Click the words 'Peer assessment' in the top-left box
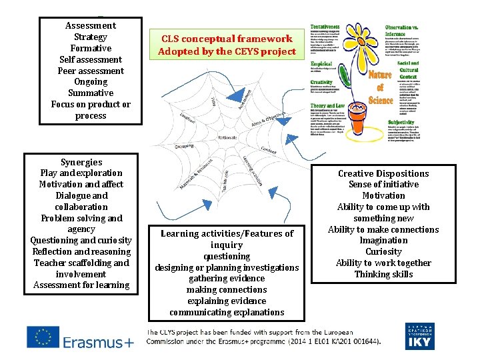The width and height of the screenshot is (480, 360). (x=91, y=71)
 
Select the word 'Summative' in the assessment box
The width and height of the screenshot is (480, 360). (x=91, y=93)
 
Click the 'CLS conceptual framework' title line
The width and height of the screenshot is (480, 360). (x=227, y=39)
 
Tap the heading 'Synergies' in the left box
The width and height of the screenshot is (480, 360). (x=81, y=162)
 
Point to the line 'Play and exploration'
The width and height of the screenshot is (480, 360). (x=81, y=173)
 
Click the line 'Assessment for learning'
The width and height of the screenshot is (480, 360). (x=81, y=285)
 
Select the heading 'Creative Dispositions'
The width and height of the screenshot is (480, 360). (x=383, y=173)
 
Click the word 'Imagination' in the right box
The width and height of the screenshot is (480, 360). (x=383, y=241)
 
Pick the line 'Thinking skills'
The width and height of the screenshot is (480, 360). (x=383, y=274)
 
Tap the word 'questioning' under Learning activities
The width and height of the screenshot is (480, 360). (x=227, y=256)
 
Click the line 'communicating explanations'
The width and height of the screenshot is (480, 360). (x=227, y=312)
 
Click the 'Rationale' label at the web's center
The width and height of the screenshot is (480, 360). (x=227, y=137)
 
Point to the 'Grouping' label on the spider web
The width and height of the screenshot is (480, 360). (x=185, y=146)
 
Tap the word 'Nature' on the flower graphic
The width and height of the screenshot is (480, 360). (x=381, y=75)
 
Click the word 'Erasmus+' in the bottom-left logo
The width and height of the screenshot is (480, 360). (x=99, y=342)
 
